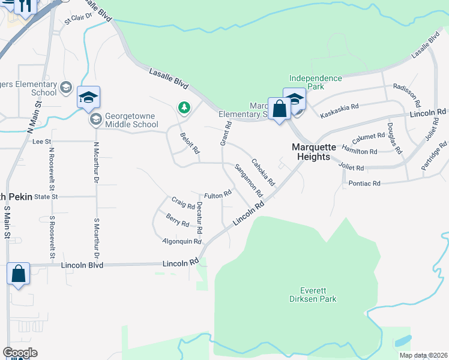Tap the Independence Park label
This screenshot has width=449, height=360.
pyautogui.click(x=315, y=82)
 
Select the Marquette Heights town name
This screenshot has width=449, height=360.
pyautogui.click(x=311, y=152)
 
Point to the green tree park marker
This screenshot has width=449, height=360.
pyautogui.click(x=184, y=108)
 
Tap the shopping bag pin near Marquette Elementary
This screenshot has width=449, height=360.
pyautogui.click(x=279, y=110)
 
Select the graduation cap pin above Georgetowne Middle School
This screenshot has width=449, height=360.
pyautogui.click(x=88, y=97)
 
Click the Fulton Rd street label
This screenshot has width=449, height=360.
pyautogui.click(x=217, y=196)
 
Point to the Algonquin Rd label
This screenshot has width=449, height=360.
pyautogui.click(x=181, y=241)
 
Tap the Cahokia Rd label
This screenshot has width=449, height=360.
pyautogui.click(x=263, y=172)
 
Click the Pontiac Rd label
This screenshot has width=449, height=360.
pyautogui.click(x=364, y=183)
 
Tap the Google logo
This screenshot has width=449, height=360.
pyautogui.click(x=20, y=353)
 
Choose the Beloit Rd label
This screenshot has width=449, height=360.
pyautogui.click(x=189, y=143)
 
